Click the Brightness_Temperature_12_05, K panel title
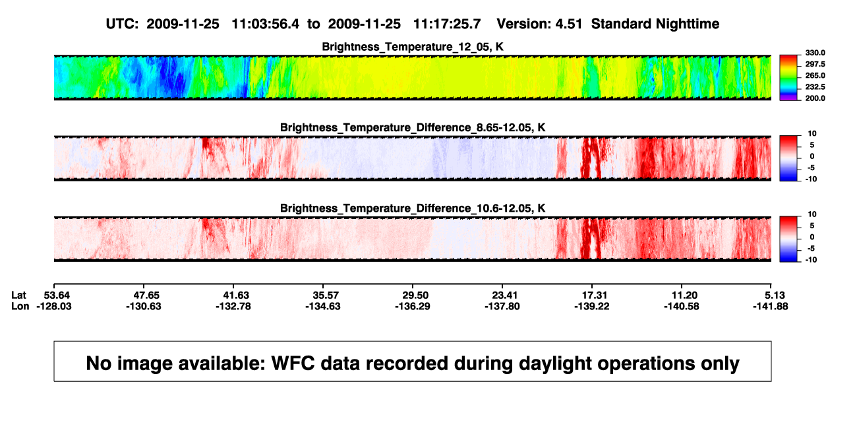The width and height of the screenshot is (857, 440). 413,47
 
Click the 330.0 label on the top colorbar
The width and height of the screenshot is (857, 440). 815,53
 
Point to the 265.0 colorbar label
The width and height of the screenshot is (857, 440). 815,75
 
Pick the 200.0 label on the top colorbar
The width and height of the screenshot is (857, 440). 815,98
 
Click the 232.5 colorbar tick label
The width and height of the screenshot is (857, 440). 815,87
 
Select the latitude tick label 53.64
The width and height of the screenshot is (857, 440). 57,296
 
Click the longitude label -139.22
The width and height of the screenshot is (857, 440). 592,306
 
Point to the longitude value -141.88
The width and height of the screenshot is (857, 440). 771,306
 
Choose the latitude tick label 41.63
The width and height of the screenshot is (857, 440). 236,296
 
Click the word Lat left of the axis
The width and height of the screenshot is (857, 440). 18,296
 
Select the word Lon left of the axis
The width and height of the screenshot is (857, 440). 20,306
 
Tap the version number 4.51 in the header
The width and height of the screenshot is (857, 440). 569,24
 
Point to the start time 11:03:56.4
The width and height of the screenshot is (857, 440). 266,24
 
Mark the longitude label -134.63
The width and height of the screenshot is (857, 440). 323,306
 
